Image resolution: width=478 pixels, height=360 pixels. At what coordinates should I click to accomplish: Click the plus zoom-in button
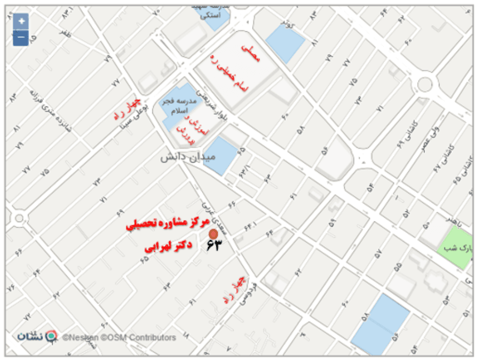click(x=21, y=22)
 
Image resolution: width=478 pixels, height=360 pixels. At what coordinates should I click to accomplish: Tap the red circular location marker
click(x=213, y=234)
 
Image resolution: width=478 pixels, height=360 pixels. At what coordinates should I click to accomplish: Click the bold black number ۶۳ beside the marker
click(x=213, y=245)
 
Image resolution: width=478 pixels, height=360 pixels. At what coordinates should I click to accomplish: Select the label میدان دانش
click(x=188, y=157)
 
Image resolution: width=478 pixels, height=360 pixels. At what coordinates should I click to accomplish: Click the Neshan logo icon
click(x=51, y=336)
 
